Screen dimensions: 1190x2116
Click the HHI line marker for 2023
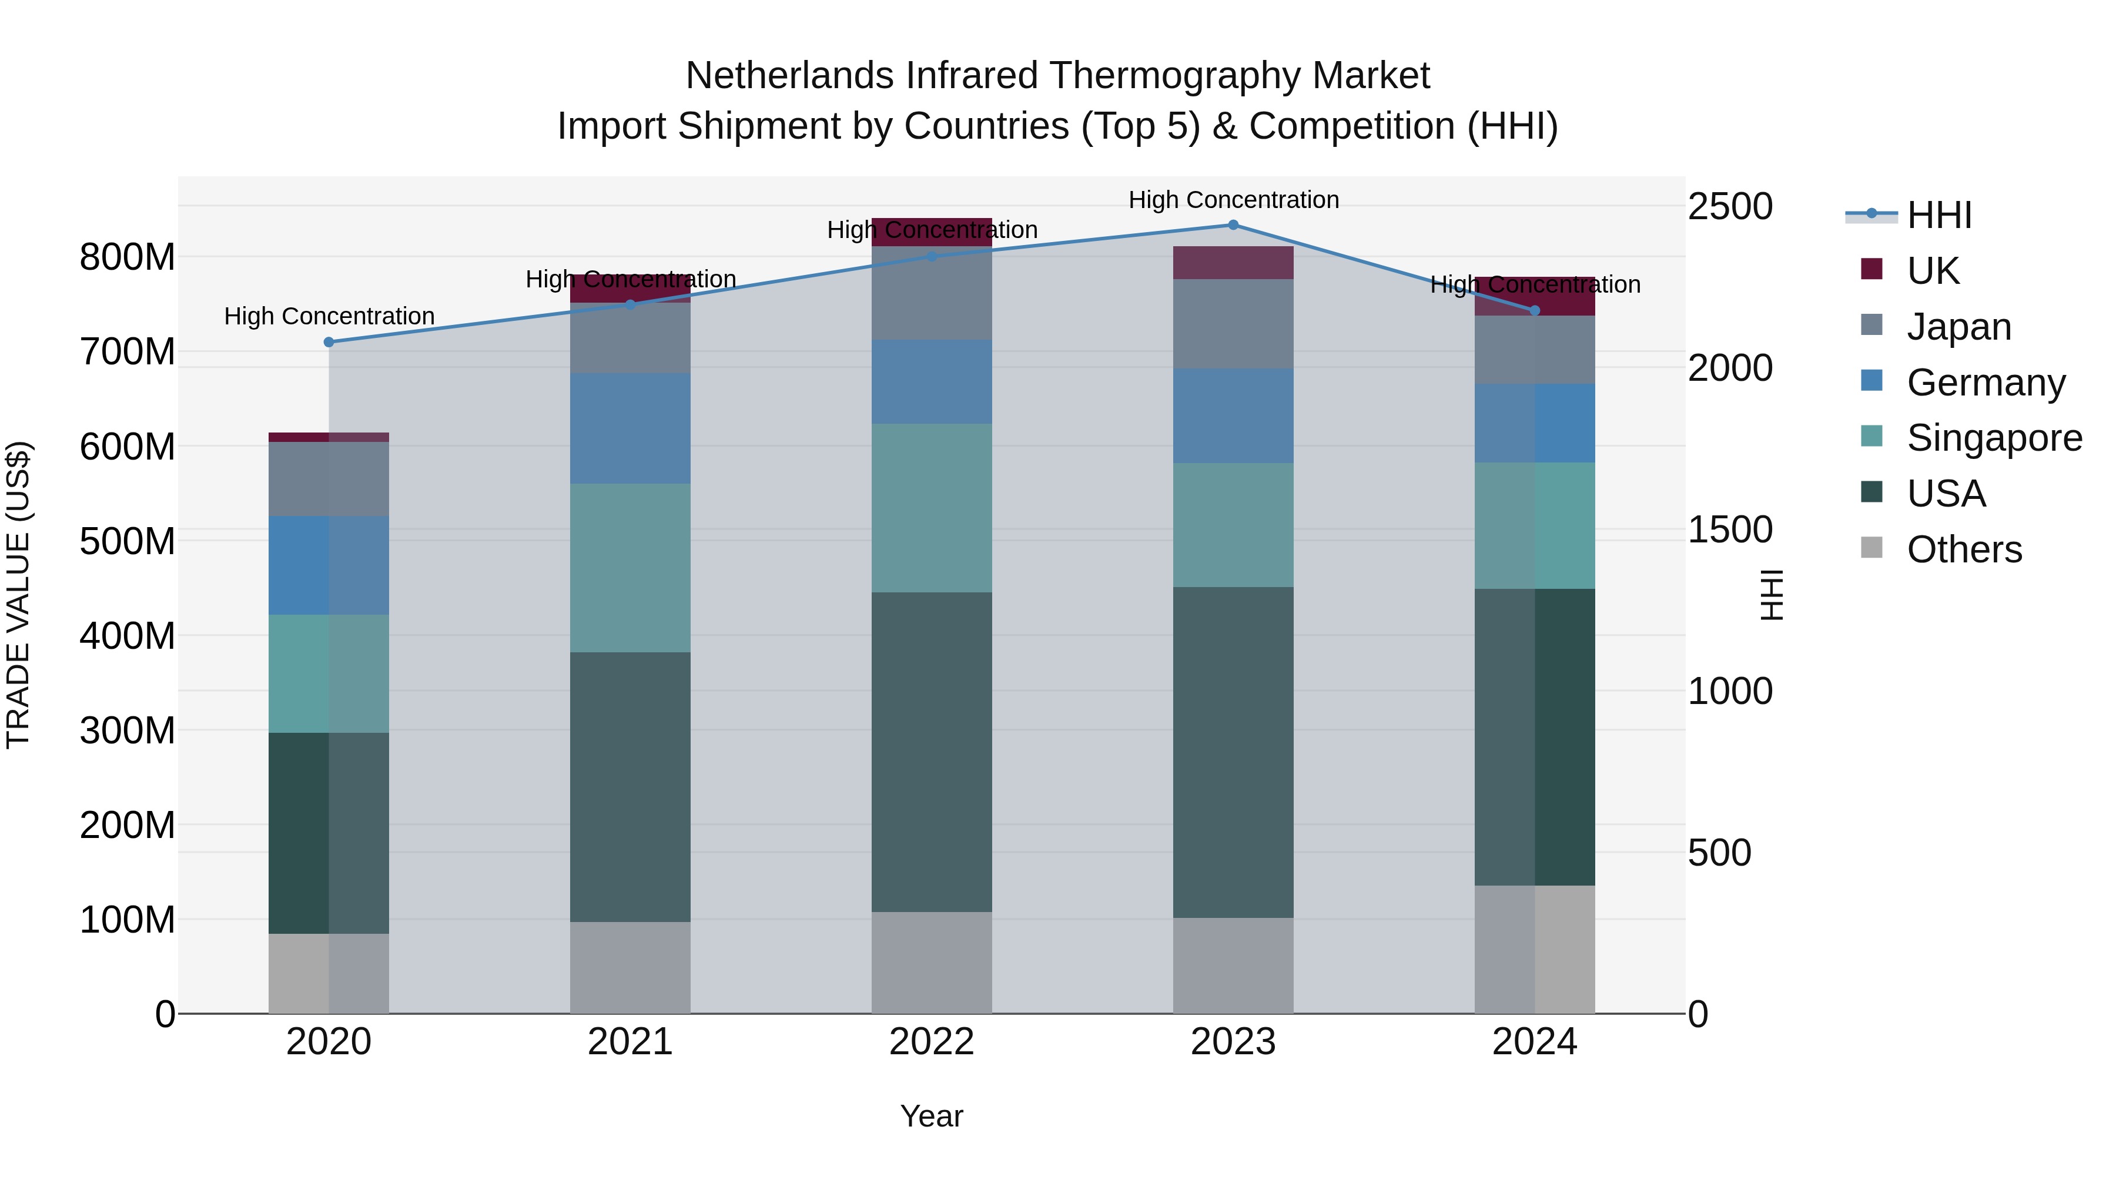pyautogui.click(x=1233, y=225)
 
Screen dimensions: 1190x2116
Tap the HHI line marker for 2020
pyautogui.click(x=329, y=343)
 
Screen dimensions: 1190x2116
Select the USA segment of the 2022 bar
pyautogui.click(x=932, y=752)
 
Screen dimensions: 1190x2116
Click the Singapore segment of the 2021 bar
pyautogui.click(x=630, y=568)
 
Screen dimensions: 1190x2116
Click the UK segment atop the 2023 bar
pyautogui.click(x=1233, y=263)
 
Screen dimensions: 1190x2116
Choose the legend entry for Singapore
pyautogui.click(x=1994, y=438)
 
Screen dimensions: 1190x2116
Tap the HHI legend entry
pyautogui.click(x=1938, y=215)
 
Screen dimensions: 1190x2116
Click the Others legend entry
pyautogui.click(x=1963, y=549)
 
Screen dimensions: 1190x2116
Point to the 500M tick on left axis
pyautogui.click(x=128, y=541)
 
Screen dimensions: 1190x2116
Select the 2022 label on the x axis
pyautogui.click(x=932, y=1042)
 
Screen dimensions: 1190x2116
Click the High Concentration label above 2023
pyautogui.click(x=1233, y=200)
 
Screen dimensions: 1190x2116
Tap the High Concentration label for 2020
pyautogui.click(x=329, y=316)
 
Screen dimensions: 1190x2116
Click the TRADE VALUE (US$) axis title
pyautogui.click(x=18, y=595)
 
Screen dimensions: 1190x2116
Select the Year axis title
pyautogui.click(x=932, y=1116)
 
